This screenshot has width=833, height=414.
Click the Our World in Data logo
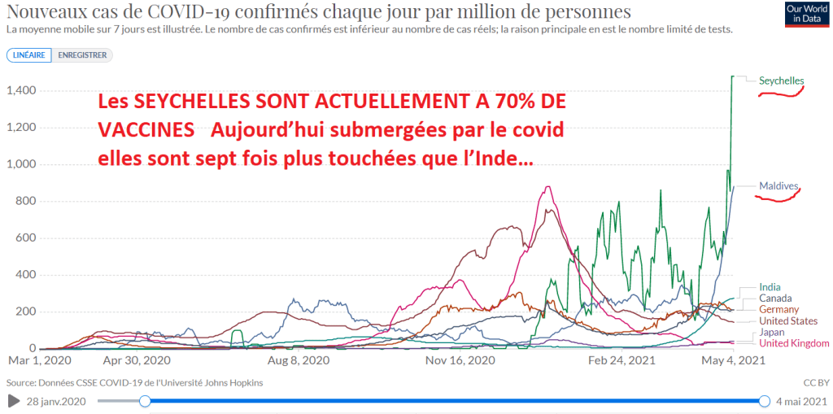point(806,15)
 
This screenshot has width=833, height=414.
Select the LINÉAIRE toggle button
point(30,55)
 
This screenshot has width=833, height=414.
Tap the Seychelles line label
point(781,81)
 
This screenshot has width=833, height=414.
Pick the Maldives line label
point(778,186)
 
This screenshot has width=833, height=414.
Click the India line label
point(770,287)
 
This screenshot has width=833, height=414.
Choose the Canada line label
point(775,299)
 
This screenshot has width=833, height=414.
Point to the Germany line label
point(778,310)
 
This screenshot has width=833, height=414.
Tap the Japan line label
point(772,333)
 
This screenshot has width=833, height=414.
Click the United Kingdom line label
point(794,343)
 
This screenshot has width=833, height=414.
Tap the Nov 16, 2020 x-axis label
point(460,360)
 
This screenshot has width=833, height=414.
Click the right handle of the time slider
point(765,400)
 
